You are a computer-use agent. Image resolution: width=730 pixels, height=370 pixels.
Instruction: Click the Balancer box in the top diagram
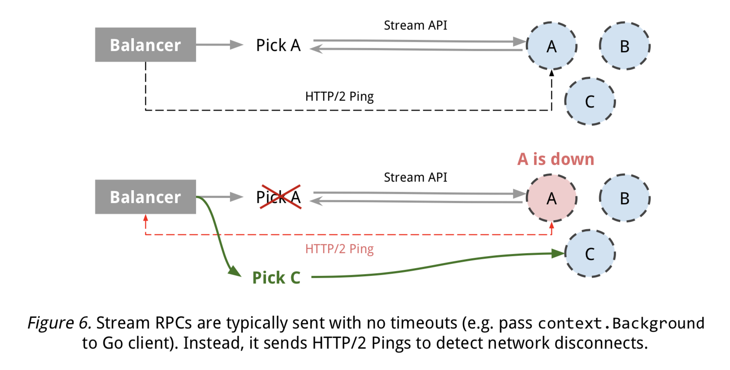pyautogui.click(x=145, y=45)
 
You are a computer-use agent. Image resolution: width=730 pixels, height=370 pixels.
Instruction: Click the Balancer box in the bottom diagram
pyautogui.click(x=145, y=197)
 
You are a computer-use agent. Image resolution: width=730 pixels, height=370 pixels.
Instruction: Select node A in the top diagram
pyautogui.click(x=552, y=46)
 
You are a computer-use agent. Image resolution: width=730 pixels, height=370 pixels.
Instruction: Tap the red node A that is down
pyautogui.click(x=552, y=198)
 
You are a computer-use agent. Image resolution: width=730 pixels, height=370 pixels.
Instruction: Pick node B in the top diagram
pyautogui.click(x=624, y=46)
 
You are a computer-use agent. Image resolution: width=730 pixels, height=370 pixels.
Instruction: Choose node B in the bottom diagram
pyautogui.click(x=624, y=198)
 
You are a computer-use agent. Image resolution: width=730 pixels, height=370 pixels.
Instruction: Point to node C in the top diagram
pyautogui.click(x=590, y=101)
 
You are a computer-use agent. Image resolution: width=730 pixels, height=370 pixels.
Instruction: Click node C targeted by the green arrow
pyautogui.click(x=590, y=254)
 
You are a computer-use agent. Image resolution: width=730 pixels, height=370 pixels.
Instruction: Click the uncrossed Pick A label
pyautogui.click(x=278, y=45)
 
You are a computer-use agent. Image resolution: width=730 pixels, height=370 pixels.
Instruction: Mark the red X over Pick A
pyautogui.click(x=281, y=197)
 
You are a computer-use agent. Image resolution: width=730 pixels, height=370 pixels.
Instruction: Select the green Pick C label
pyautogui.click(x=276, y=278)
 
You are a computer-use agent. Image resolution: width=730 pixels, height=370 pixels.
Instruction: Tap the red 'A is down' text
pyautogui.click(x=556, y=159)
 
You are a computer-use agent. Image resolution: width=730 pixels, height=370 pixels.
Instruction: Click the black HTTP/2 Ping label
pyautogui.click(x=339, y=96)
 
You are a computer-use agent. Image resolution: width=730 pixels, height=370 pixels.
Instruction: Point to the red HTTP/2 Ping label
pyautogui.click(x=339, y=249)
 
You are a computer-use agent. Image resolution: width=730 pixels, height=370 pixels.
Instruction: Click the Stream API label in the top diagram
pyautogui.click(x=415, y=26)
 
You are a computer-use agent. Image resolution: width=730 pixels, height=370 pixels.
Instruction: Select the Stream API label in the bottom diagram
pyautogui.click(x=415, y=177)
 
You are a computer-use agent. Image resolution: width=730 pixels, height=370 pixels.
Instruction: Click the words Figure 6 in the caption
pyautogui.click(x=59, y=323)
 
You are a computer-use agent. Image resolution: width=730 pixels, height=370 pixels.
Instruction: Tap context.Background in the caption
pyautogui.click(x=621, y=323)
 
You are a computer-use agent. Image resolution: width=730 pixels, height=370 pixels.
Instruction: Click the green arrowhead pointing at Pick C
pyautogui.click(x=235, y=271)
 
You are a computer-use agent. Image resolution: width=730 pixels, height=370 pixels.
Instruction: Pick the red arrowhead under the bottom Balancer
pyautogui.click(x=146, y=218)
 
